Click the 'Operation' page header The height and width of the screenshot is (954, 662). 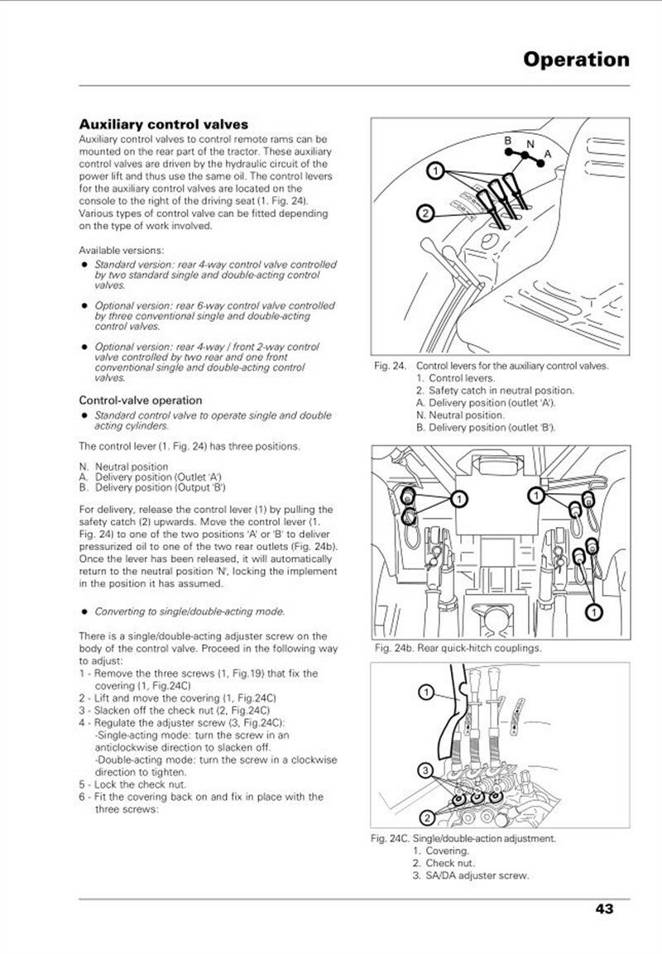click(576, 60)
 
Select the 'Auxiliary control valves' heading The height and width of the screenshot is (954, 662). click(163, 124)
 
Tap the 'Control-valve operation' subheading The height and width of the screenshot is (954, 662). click(140, 400)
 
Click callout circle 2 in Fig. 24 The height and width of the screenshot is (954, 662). click(425, 214)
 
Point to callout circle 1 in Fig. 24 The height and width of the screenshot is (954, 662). click(434, 172)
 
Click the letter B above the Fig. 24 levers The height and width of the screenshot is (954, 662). click(510, 141)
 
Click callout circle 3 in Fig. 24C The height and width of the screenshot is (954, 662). click(425, 771)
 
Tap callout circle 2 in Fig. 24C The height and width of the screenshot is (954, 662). click(427, 818)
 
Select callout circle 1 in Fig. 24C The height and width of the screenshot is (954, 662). click(425, 691)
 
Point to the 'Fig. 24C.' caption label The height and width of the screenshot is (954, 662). click(391, 838)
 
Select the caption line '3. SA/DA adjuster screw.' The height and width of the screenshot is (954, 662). click(471, 875)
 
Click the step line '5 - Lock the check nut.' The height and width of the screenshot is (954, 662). click(132, 784)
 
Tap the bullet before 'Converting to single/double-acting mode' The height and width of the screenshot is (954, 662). click(84, 612)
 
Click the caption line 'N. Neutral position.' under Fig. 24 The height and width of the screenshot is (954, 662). click(460, 415)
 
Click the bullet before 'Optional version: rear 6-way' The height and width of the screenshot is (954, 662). click(84, 305)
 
